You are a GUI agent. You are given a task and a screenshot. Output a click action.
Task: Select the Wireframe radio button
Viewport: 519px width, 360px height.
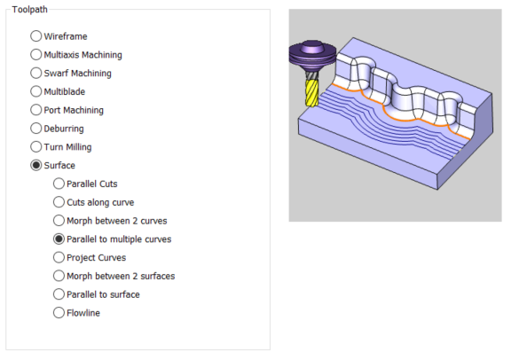(x=35, y=36)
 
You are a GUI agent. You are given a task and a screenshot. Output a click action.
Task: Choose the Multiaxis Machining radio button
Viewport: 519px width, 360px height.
(x=35, y=55)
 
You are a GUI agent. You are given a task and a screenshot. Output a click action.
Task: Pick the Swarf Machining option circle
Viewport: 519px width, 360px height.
(x=35, y=73)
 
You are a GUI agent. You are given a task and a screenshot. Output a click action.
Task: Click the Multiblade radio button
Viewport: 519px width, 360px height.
(x=35, y=91)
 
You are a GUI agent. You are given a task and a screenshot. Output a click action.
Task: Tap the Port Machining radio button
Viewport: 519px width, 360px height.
(x=35, y=110)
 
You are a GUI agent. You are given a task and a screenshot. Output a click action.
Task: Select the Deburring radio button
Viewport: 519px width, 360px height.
(x=35, y=129)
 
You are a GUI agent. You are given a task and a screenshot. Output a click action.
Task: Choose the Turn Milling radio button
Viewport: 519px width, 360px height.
(x=35, y=146)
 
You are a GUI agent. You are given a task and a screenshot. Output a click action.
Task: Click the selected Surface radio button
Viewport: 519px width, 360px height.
(x=35, y=165)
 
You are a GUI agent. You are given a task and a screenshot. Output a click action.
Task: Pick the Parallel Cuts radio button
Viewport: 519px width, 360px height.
(x=59, y=184)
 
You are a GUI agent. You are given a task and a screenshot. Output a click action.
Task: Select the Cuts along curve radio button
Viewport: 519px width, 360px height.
(x=59, y=202)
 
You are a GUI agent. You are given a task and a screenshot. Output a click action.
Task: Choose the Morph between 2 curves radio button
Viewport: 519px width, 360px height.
(x=59, y=221)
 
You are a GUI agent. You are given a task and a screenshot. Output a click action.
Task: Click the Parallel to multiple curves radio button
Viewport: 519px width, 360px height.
(x=59, y=239)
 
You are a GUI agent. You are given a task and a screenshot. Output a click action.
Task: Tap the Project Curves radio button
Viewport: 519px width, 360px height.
(x=59, y=257)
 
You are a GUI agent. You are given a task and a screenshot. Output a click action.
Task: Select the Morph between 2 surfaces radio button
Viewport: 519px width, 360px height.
(x=59, y=276)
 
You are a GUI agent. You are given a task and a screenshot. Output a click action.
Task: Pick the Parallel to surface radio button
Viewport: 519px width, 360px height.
(x=59, y=294)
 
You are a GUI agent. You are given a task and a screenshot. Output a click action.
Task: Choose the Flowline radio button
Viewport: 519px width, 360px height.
(x=59, y=313)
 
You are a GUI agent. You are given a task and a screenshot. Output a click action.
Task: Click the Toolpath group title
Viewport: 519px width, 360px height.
(x=30, y=10)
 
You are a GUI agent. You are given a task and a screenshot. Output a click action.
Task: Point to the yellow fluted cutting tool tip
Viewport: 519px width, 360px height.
(x=311, y=105)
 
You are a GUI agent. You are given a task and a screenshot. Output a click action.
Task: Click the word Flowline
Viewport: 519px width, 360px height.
(x=83, y=313)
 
